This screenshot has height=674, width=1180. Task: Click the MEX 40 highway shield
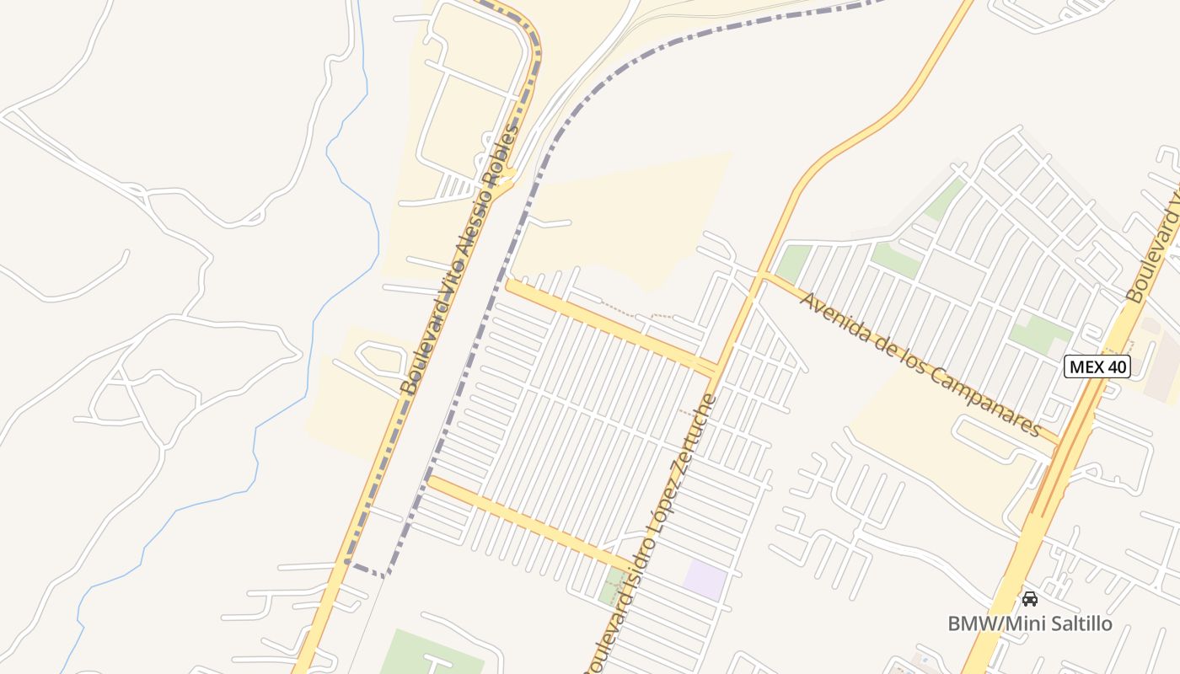click(x=1097, y=366)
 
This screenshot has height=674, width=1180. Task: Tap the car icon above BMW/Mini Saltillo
click(x=1029, y=599)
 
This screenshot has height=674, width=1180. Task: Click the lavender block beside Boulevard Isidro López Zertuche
click(x=705, y=580)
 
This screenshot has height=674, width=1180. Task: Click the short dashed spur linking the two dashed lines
click(x=366, y=570)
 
